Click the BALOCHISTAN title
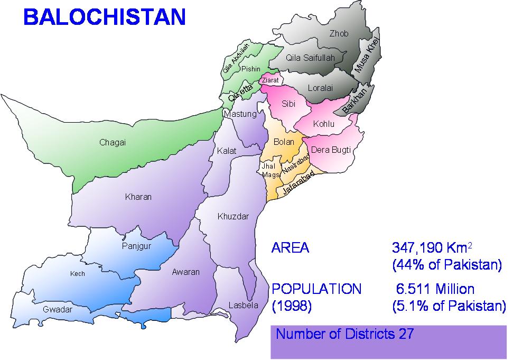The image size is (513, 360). [105, 17]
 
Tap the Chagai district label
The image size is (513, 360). [113, 142]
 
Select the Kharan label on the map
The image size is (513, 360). [138, 197]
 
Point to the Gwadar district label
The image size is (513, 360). [58, 310]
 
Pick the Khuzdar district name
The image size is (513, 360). [233, 217]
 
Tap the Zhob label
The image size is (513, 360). [339, 34]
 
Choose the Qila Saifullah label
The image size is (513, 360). [310, 58]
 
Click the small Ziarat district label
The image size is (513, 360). [270, 80]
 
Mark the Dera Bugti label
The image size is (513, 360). [331, 150]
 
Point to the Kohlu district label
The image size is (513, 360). [324, 124]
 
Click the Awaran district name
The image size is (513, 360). [186, 272]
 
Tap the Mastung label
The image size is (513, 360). [240, 114]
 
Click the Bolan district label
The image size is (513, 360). [284, 142]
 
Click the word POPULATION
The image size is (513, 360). [316, 289]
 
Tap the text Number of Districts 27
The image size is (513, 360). [344, 334]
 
